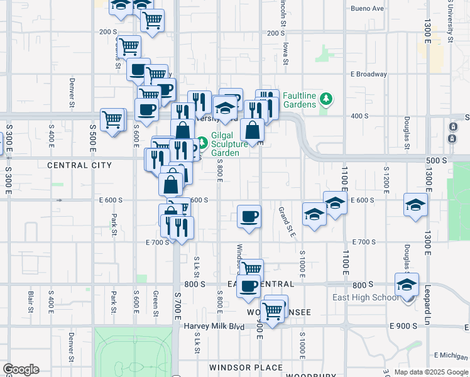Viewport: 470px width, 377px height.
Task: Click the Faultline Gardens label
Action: [299, 100]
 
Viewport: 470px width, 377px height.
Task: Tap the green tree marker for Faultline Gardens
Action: [325, 99]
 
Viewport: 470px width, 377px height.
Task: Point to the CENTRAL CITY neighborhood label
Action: [79, 165]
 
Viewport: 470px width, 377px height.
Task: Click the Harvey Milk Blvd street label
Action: [214, 326]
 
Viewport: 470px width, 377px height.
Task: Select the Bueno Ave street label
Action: [368, 9]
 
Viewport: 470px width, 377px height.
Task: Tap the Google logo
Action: [21, 369]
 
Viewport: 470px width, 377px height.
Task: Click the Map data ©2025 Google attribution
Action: [430, 373]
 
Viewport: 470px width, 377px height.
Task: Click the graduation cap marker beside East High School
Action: [407, 285]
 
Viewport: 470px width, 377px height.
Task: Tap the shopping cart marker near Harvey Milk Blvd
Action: [273, 310]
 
